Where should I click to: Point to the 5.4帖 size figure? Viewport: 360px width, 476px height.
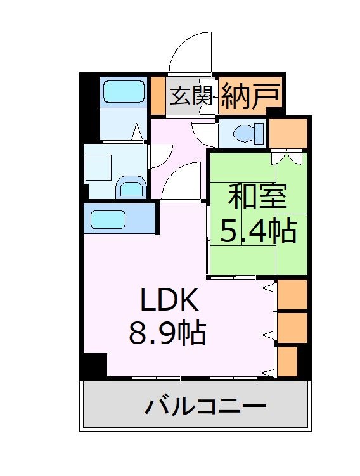(x=258, y=232)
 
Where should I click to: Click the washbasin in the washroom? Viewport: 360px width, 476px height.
(x=131, y=188)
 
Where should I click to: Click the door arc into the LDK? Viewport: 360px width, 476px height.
(x=181, y=181)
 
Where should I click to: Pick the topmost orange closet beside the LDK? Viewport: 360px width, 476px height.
(x=292, y=294)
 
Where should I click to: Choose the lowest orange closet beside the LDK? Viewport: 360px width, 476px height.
(x=287, y=360)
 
